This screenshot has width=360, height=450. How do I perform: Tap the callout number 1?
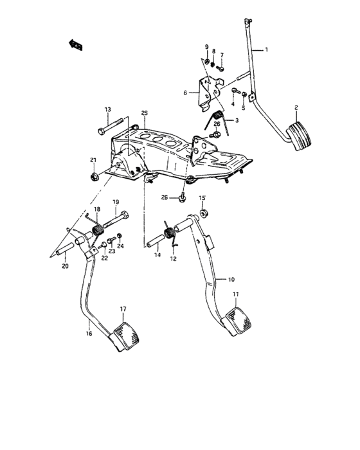click(x=267, y=50)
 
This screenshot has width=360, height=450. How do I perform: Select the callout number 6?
click(x=185, y=93)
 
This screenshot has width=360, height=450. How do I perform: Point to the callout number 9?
click(x=207, y=48)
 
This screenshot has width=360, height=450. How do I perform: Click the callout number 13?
click(x=108, y=109)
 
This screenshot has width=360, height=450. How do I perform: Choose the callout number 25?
click(x=145, y=113)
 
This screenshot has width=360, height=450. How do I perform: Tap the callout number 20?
click(x=65, y=265)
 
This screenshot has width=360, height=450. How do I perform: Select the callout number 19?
click(x=116, y=202)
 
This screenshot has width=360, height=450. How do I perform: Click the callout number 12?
click(x=172, y=260)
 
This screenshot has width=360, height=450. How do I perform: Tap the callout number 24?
click(x=120, y=246)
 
